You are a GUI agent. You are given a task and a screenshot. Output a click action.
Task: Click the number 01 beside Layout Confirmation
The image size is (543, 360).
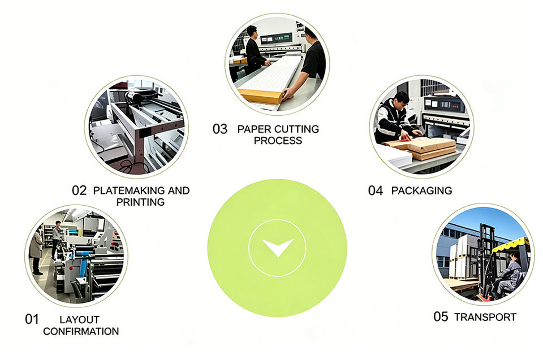32,319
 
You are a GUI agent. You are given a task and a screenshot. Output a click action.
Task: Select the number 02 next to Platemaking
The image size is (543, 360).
79,190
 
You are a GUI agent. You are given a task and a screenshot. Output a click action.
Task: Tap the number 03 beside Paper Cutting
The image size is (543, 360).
220,129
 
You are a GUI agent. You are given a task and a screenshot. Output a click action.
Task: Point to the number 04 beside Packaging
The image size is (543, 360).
376,190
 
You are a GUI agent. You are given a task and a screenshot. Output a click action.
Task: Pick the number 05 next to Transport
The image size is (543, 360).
441,316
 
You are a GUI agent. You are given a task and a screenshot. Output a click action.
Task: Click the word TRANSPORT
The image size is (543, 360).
485,317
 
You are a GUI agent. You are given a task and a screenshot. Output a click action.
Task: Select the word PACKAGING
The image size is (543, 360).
421,190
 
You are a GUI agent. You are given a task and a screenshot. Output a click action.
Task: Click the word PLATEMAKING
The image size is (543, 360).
129,190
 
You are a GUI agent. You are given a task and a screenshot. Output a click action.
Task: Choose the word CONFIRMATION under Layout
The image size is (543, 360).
81,331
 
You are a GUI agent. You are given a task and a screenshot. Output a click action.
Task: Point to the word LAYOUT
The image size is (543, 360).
79,319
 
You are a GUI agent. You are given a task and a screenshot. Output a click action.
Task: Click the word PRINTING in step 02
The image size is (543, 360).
140,202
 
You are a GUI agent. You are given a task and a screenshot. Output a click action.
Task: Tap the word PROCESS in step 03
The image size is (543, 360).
278,141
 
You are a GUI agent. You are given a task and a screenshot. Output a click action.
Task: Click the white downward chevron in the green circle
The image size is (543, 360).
277,247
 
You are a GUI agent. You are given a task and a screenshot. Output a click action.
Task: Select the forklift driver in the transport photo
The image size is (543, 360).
508,274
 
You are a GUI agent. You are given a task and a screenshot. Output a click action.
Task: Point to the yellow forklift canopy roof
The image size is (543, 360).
510,244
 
